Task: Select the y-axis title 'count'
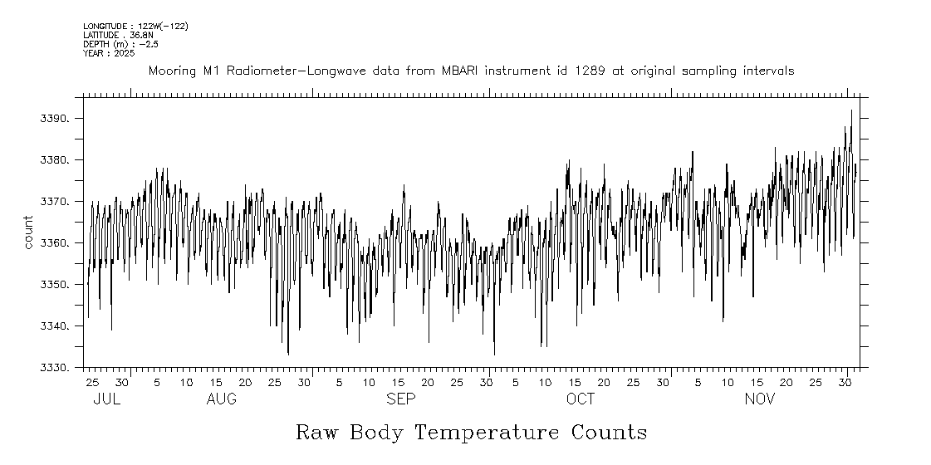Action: [x=28, y=232]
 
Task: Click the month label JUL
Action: [x=107, y=399]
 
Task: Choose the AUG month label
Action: [x=221, y=399]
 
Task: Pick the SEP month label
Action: [x=401, y=399]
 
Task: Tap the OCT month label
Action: [x=581, y=399]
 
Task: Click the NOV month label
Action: [x=760, y=399]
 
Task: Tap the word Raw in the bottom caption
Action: [x=317, y=433]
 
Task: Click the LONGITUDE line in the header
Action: [x=135, y=27]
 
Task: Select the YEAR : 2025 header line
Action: [x=109, y=53]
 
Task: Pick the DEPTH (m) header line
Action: [x=115, y=44]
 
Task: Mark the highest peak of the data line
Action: [x=851, y=110]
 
